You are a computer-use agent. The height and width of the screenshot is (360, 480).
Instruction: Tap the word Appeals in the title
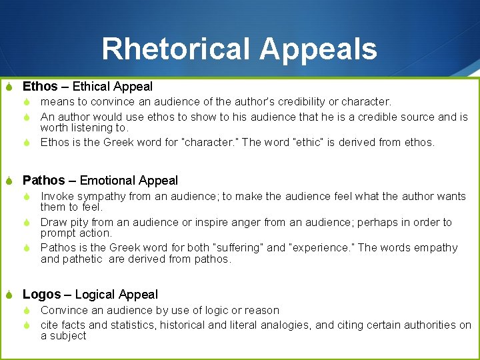(318, 49)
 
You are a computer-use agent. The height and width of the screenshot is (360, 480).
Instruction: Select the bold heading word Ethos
(40, 87)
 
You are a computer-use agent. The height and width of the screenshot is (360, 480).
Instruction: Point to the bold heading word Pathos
(44, 181)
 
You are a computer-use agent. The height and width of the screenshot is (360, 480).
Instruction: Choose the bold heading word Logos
(42, 295)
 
